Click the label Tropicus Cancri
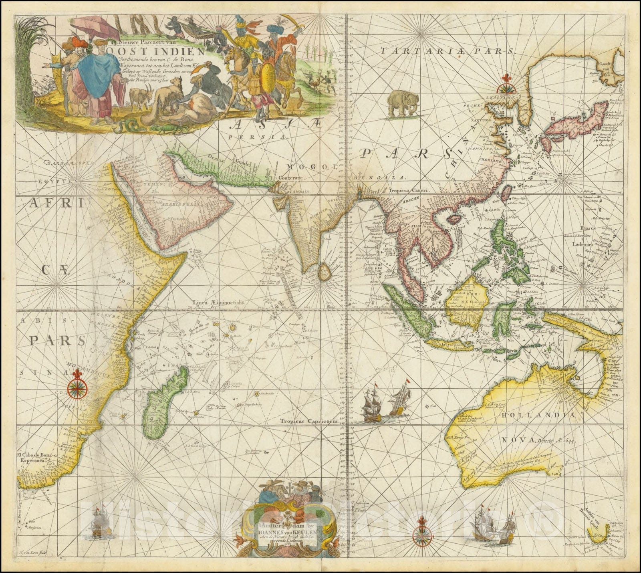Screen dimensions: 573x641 [409, 191]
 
